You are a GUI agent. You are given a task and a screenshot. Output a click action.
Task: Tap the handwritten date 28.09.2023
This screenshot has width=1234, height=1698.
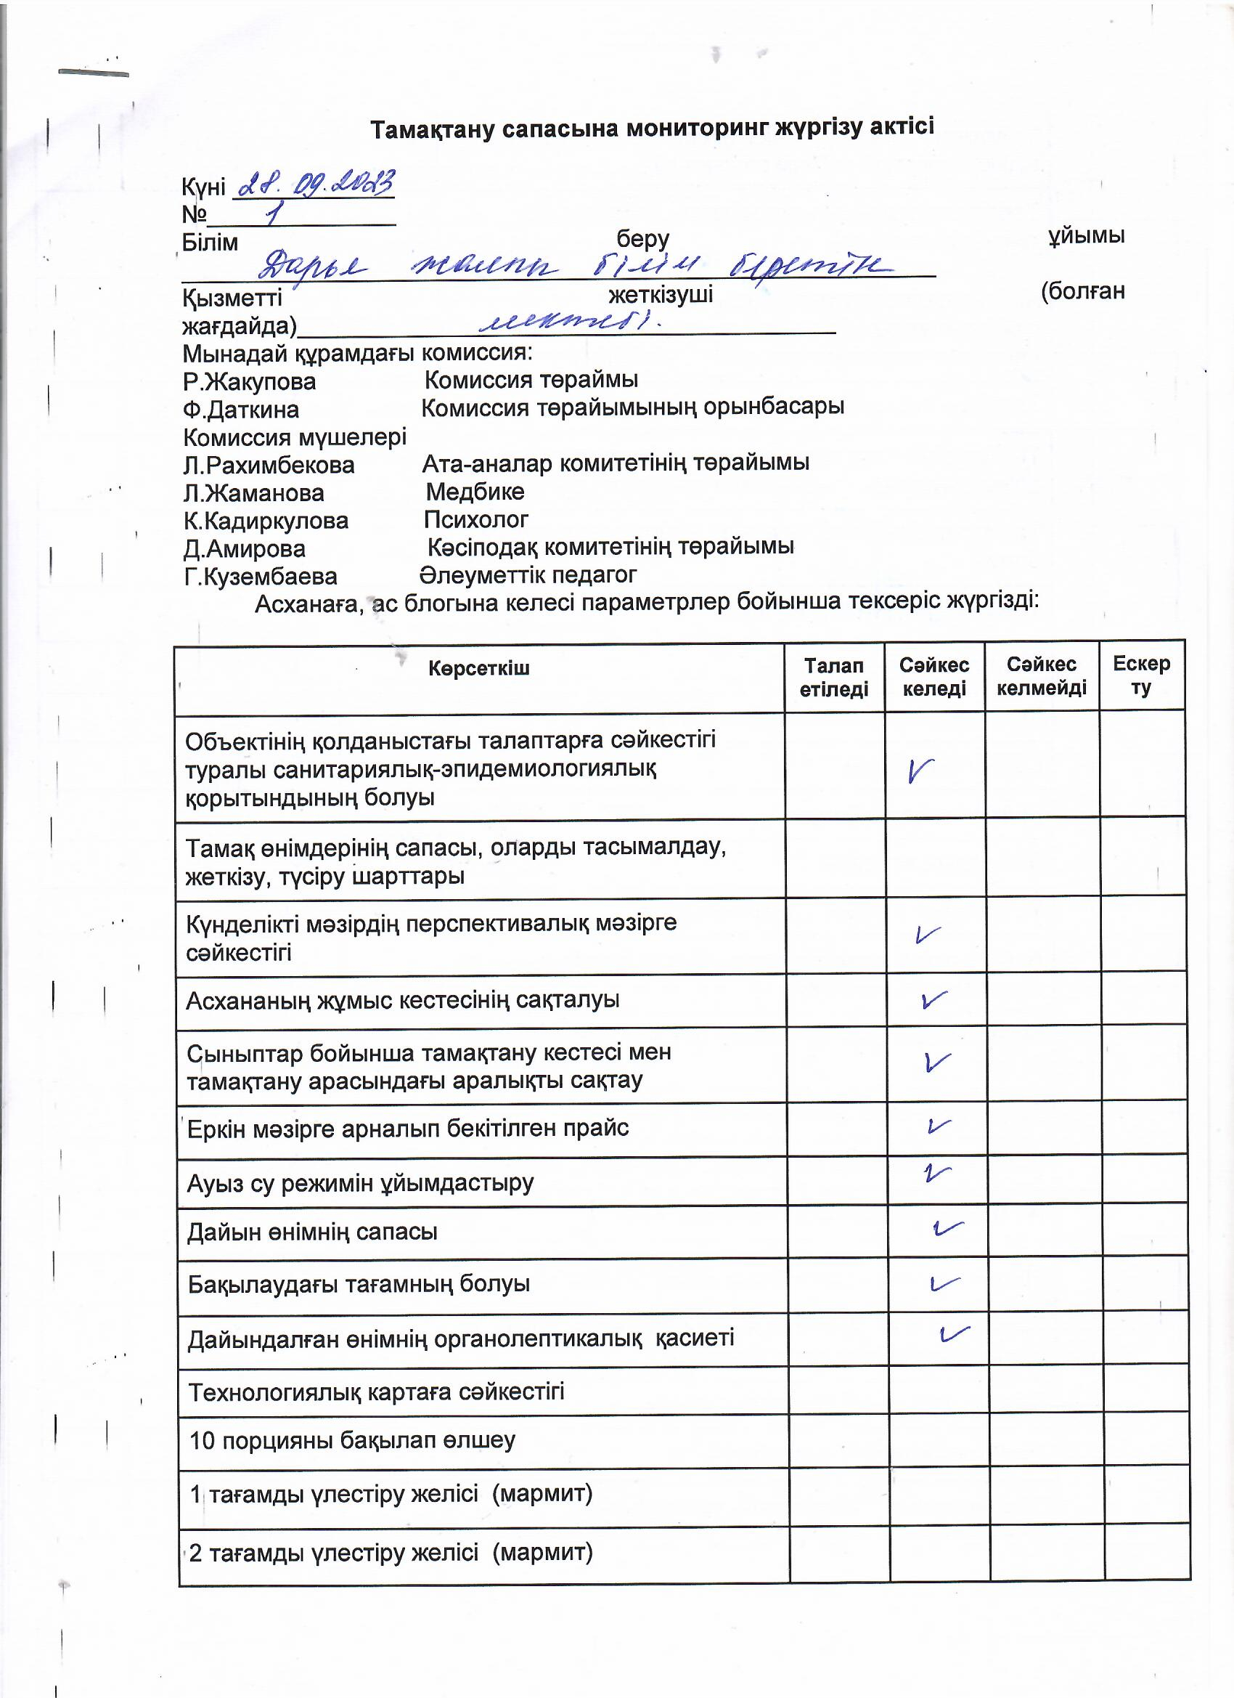(314, 184)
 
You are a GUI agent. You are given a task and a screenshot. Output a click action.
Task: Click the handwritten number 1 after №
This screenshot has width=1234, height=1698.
(274, 216)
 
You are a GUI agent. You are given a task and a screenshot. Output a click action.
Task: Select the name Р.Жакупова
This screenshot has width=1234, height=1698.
(249, 382)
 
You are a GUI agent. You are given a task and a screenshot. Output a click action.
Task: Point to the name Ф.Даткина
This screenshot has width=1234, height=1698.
(241, 410)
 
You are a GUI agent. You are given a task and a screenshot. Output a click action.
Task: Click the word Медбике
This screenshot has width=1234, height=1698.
(475, 492)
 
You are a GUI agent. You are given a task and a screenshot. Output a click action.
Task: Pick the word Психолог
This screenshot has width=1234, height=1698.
(476, 519)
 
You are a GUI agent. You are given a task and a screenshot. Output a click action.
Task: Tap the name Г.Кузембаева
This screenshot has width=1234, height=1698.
(261, 577)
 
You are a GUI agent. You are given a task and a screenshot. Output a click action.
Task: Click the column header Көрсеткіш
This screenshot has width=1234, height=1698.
(479, 668)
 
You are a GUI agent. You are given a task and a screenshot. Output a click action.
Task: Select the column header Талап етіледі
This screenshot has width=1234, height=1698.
(833, 677)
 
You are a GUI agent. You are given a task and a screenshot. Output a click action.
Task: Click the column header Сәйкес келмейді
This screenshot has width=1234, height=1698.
(1041, 675)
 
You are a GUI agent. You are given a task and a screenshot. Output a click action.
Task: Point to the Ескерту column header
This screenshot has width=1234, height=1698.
(1141, 675)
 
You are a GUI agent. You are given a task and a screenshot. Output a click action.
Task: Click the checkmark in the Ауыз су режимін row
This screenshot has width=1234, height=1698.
(936, 1173)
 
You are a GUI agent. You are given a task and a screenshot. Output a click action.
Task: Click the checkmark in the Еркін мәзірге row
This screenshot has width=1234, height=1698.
(939, 1126)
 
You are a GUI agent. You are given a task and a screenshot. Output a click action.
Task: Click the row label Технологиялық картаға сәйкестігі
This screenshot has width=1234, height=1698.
(377, 1392)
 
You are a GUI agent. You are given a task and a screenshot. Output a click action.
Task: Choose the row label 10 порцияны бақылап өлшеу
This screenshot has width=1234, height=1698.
(353, 1439)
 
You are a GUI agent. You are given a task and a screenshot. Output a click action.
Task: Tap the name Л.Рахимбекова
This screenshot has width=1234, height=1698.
(269, 465)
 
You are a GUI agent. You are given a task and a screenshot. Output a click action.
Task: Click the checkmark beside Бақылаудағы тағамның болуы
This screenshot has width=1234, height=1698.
(944, 1283)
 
